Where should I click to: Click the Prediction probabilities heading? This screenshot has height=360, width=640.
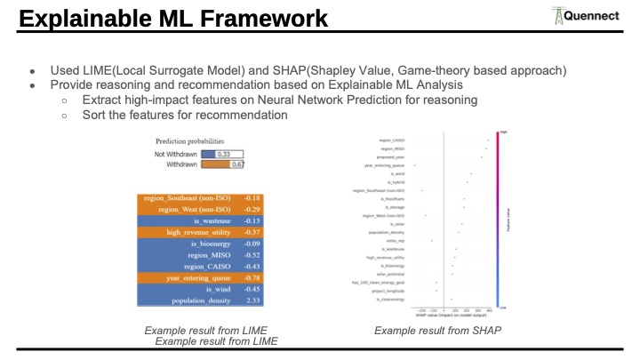click(189, 140)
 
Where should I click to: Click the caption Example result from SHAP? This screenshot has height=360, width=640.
click(437, 331)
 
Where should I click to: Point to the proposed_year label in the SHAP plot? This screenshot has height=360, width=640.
click(391, 156)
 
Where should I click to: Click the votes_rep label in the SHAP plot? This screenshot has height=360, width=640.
click(395, 240)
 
